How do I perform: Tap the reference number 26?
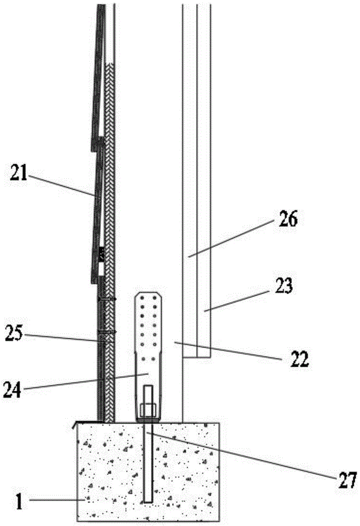coord(288,219)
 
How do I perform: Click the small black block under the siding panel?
coord(101,255)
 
